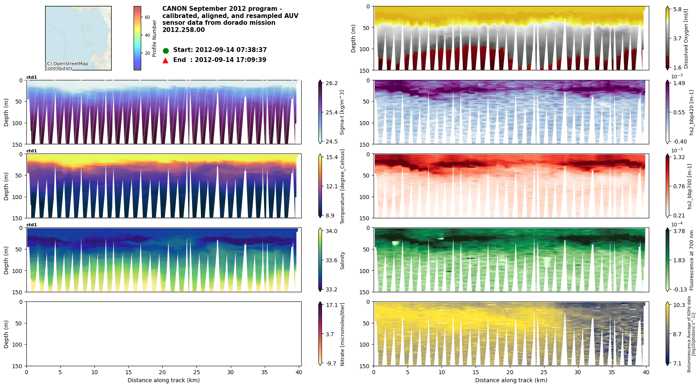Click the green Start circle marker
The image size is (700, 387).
click(x=166, y=51)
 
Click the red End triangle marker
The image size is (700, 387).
click(x=166, y=60)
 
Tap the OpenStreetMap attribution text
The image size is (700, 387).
click(x=66, y=66)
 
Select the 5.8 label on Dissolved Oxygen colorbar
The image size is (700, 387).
click(x=677, y=10)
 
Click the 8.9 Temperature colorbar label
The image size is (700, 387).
click(x=330, y=215)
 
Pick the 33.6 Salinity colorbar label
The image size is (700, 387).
click(x=332, y=260)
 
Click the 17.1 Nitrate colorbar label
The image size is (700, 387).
click(x=332, y=305)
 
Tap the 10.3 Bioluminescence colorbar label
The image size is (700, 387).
click(x=679, y=305)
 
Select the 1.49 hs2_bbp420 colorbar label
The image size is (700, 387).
click(x=679, y=84)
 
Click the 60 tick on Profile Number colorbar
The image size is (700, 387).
click(x=147, y=17)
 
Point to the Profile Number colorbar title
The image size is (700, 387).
click(x=154, y=38)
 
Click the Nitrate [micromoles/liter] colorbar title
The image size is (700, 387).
click(x=342, y=334)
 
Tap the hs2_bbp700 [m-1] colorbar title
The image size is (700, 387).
click(x=690, y=186)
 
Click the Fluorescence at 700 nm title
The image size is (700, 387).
click(x=692, y=260)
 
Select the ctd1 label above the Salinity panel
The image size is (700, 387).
click(x=32, y=225)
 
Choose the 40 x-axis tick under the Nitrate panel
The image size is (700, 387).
click(x=298, y=373)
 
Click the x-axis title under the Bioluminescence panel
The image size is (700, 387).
click(x=511, y=381)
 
